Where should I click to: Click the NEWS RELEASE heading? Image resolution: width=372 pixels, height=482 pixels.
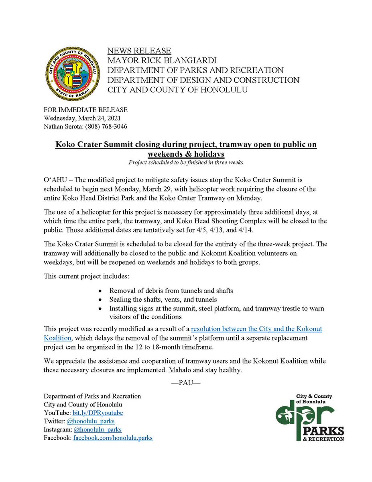click(x=139, y=51)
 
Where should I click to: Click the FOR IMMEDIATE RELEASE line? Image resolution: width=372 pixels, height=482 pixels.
click(x=85, y=110)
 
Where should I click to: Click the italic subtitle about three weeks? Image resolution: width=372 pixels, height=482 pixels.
click(x=185, y=162)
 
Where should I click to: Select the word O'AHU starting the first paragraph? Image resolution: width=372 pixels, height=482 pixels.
click(x=55, y=178)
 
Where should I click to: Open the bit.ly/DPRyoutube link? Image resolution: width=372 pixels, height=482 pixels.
click(x=98, y=413)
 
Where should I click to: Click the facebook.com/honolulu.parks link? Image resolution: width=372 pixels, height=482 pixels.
click(x=112, y=438)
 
